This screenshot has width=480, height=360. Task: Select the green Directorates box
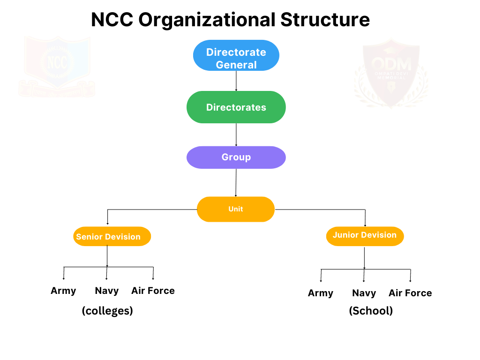point(236,107)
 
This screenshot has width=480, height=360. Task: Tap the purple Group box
point(236,157)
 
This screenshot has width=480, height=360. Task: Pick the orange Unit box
point(236,209)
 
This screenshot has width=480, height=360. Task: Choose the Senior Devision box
point(112,237)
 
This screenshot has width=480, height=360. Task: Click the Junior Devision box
point(365,235)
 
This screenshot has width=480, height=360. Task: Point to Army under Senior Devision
point(63,291)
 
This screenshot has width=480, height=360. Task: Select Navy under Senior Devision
point(107,291)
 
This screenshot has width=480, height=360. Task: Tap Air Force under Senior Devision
point(153,291)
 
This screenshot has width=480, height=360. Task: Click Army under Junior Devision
point(321,293)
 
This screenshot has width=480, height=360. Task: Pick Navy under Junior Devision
point(364,293)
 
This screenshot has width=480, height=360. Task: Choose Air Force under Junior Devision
point(410,293)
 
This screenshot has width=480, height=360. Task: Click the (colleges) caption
point(107,311)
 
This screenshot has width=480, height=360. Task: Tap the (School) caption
point(371,311)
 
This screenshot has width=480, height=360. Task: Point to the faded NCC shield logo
point(57,66)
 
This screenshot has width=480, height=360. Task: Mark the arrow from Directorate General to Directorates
point(236,81)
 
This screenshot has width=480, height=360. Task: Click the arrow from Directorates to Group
point(236,135)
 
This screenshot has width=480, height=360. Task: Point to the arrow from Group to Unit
point(236,182)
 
